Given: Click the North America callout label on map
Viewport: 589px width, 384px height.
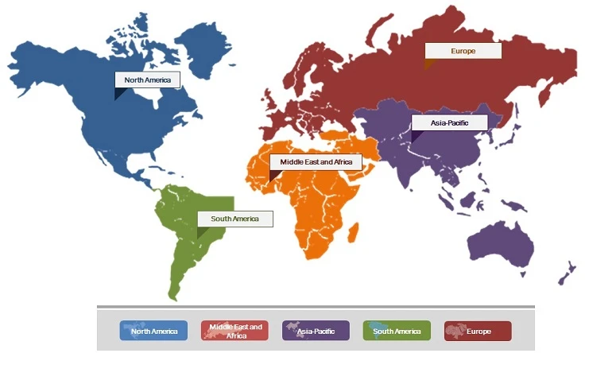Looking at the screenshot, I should [x=148, y=80].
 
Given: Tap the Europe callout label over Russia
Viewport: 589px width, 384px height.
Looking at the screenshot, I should [x=463, y=51].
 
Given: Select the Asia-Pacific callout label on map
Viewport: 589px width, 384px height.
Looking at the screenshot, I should [x=449, y=123].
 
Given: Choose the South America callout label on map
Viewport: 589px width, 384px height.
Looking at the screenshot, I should [x=234, y=219].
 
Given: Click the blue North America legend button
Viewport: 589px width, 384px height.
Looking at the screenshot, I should [x=153, y=331].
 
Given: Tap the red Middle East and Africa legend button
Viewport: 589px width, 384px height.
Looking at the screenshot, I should [x=235, y=331].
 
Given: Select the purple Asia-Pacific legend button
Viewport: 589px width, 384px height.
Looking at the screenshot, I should [x=316, y=331].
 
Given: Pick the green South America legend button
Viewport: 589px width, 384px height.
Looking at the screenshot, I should [x=397, y=331].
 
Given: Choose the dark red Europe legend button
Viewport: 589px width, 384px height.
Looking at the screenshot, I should [x=478, y=331].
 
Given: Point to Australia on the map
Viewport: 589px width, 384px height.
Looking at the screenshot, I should [x=501, y=242].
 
